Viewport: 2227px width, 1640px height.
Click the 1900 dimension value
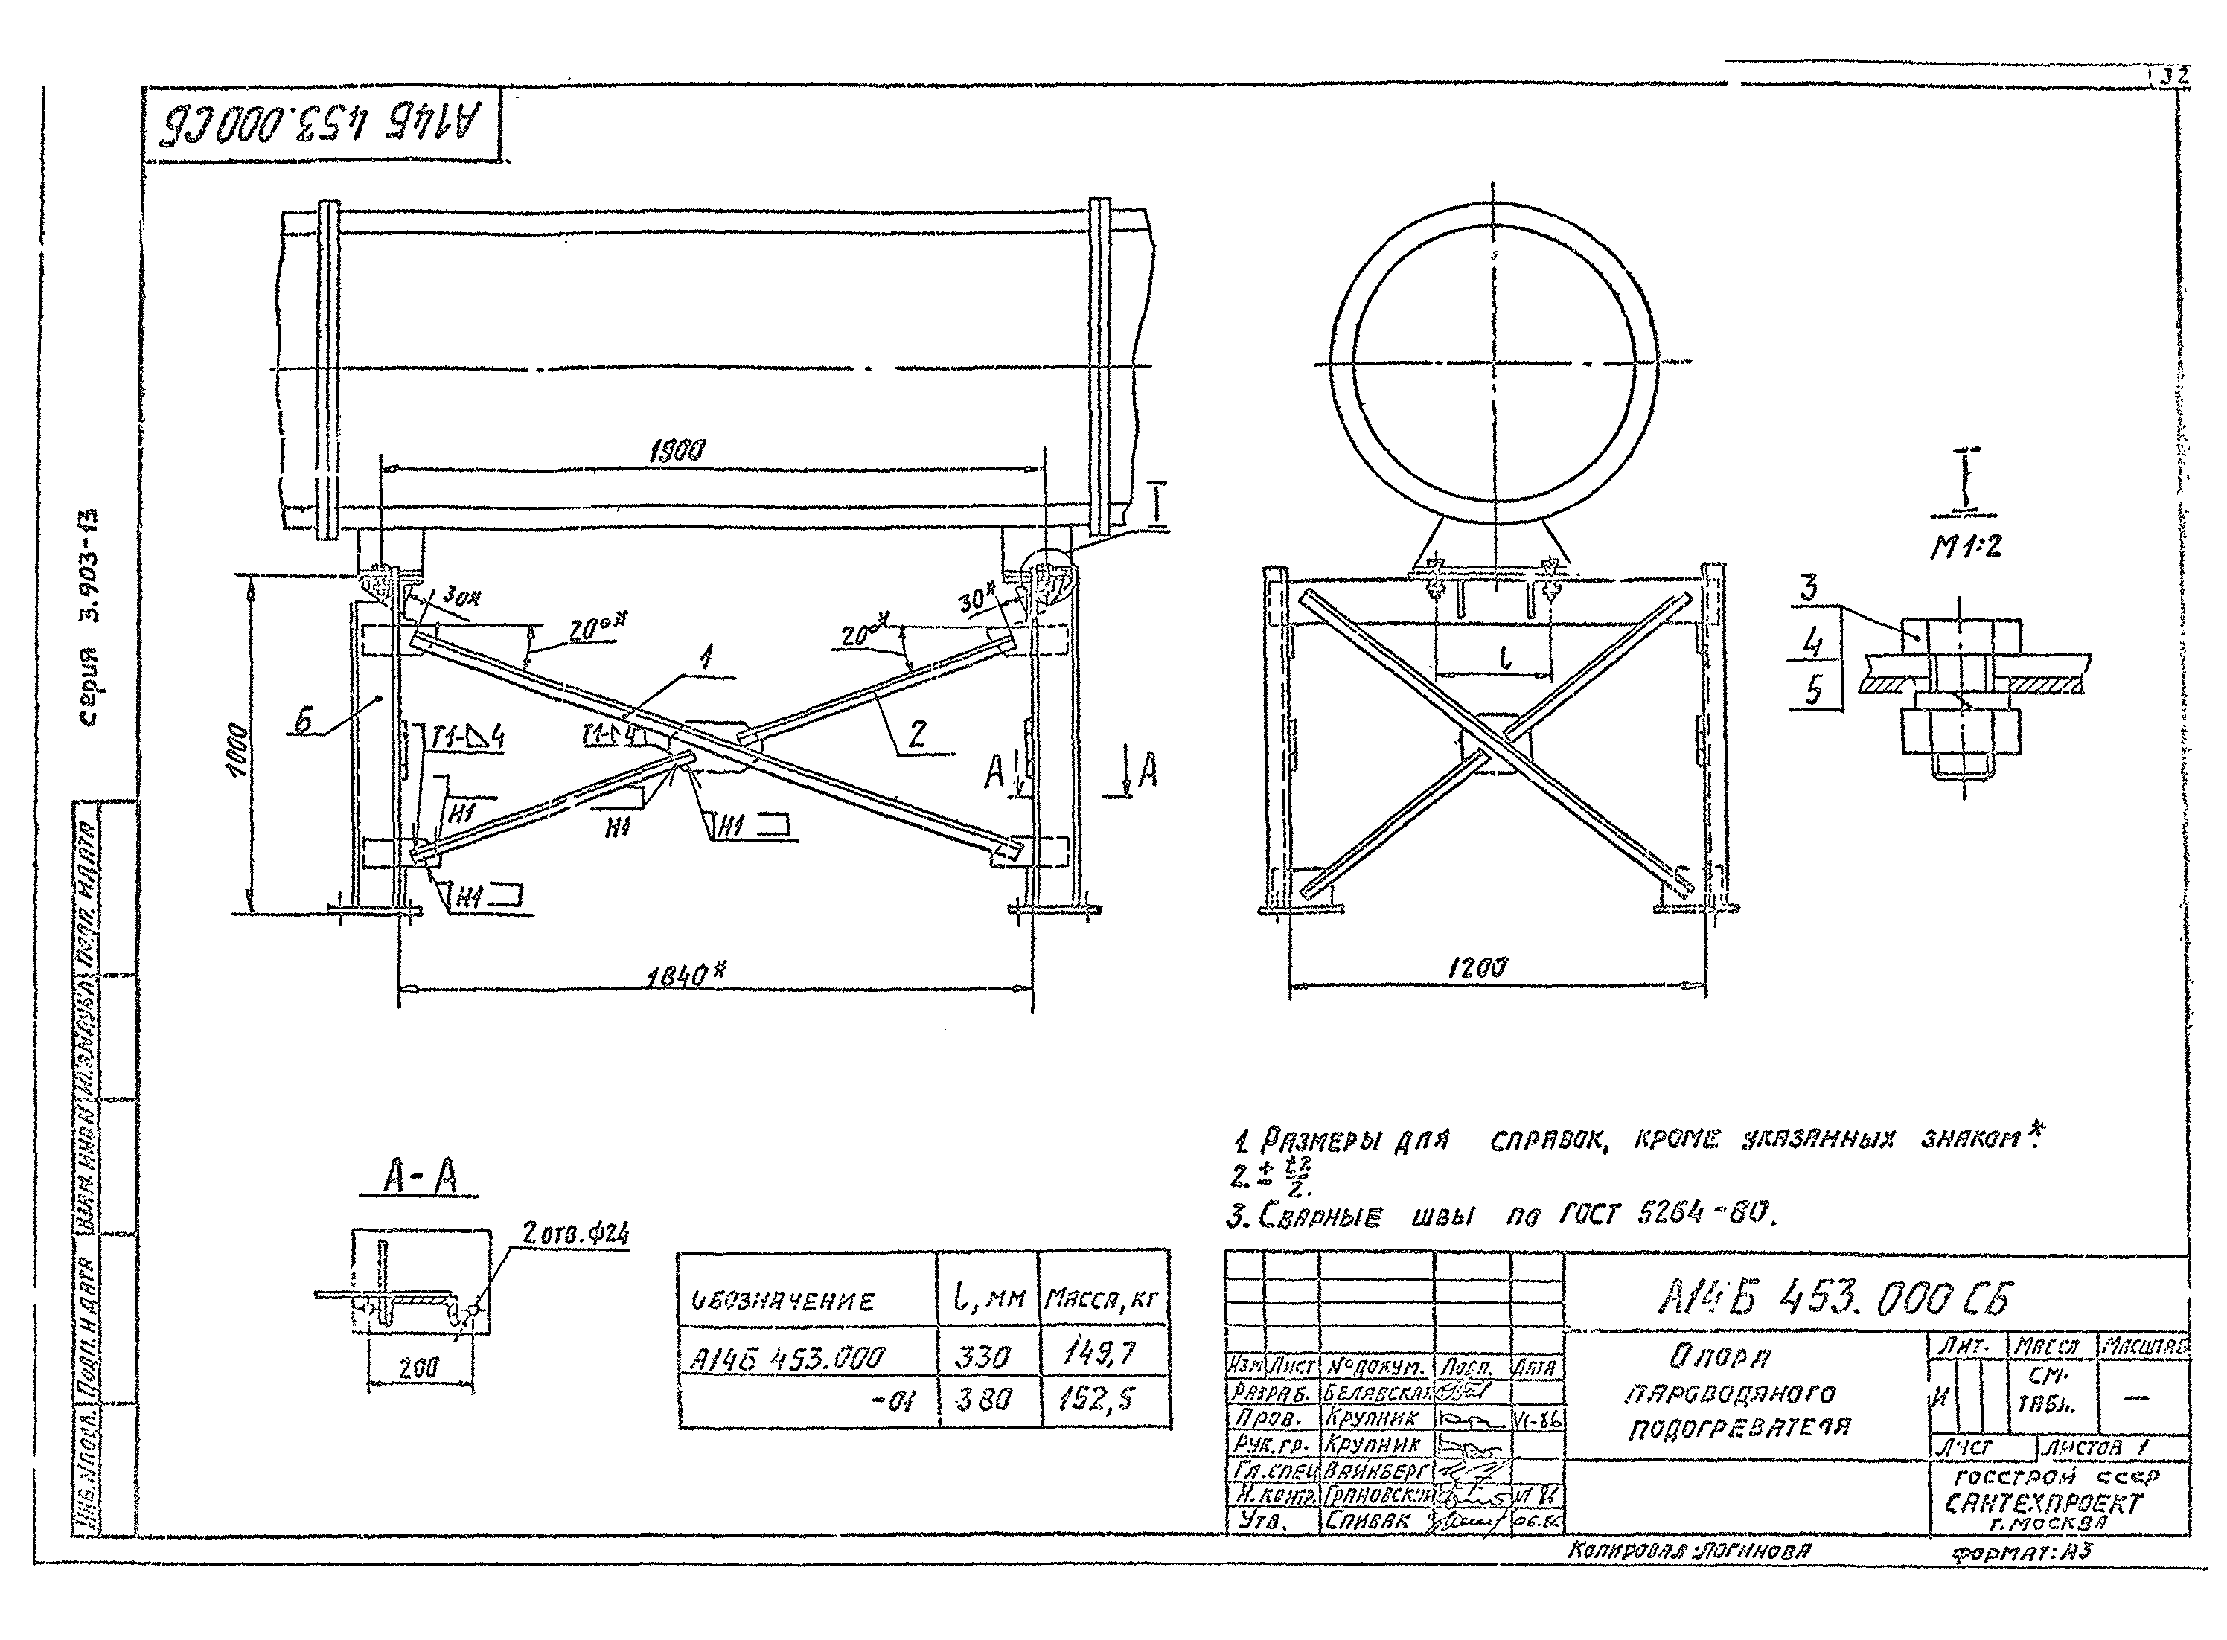coord(677,452)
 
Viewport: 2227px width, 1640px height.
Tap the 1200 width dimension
coord(1477,968)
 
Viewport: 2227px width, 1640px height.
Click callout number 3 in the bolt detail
coord(1809,588)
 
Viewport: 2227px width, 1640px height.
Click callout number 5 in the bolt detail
coord(1813,690)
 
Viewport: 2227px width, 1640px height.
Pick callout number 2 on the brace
coord(918,734)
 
